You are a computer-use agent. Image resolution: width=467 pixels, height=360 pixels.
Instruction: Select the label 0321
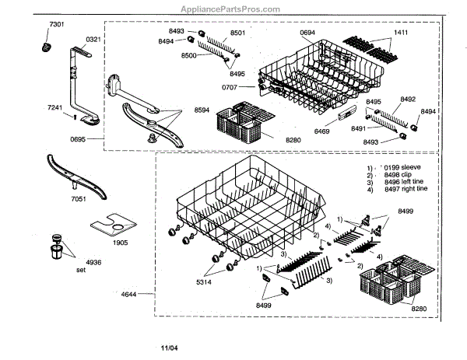pos(93,39)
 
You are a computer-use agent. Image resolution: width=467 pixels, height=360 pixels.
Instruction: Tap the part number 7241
pos(55,107)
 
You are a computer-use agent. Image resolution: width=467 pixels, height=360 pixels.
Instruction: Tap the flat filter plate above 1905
pos(111,226)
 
